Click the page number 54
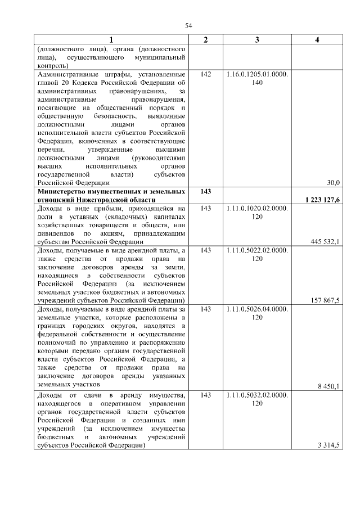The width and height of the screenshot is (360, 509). (x=189, y=25)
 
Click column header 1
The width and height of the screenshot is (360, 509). (x=111, y=40)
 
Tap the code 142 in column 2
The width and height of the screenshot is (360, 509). (x=205, y=74)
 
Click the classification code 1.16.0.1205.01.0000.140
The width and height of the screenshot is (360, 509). (x=257, y=78)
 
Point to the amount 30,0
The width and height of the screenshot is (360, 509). (x=334, y=182)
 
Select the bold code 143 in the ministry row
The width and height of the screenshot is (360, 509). (x=205, y=192)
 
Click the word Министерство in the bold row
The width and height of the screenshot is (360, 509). (x=61, y=192)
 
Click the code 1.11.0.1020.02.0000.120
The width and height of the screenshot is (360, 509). (x=257, y=212)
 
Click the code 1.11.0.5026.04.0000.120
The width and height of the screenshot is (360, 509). (x=257, y=313)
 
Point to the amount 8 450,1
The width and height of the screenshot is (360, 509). (x=328, y=386)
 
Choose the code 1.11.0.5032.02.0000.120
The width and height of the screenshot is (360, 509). (x=257, y=399)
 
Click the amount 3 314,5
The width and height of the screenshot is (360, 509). (x=328, y=445)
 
